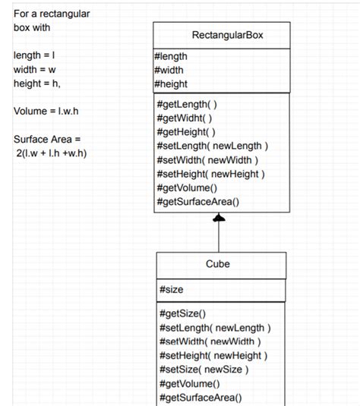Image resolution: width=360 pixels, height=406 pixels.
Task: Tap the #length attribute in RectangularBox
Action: click(x=171, y=56)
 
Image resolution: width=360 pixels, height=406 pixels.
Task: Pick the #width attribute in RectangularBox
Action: click(x=169, y=70)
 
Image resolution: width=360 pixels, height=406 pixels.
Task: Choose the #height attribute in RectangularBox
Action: click(x=171, y=83)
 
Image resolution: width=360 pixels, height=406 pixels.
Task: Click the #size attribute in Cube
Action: click(x=172, y=290)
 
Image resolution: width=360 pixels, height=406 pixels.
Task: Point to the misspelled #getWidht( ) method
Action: click(x=185, y=118)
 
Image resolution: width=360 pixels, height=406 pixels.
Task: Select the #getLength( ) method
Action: click(x=187, y=104)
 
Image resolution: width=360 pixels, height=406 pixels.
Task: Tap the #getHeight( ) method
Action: click(x=186, y=132)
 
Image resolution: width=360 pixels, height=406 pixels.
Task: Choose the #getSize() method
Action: click(x=183, y=313)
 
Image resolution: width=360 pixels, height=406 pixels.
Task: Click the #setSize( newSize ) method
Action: click(x=204, y=370)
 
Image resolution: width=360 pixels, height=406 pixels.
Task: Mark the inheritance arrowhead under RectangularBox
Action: click(x=219, y=219)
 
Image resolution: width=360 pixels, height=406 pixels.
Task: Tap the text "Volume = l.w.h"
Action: click(x=46, y=112)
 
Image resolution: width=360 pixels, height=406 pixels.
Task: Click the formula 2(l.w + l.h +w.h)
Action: click(x=52, y=153)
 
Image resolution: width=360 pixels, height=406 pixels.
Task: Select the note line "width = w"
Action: click(x=35, y=70)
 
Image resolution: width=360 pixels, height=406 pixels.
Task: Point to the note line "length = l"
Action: click(x=35, y=56)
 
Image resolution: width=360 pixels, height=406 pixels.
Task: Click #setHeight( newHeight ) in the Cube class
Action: click(x=213, y=355)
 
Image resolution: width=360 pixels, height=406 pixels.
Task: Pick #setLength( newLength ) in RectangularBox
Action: click(x=212, y=146)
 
